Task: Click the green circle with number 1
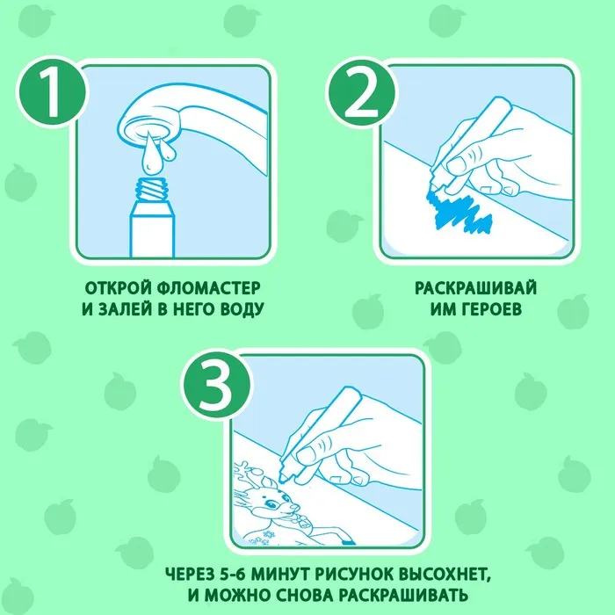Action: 52,92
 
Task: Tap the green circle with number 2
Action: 361,92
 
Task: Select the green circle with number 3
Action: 216,383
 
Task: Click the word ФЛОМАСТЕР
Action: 208,288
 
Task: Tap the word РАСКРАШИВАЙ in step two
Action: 475,288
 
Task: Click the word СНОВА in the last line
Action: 304,596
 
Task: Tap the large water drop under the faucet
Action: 150,154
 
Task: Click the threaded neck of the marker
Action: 152,189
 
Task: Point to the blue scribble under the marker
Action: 458,213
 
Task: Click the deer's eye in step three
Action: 270,503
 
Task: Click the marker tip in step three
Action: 282,479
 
